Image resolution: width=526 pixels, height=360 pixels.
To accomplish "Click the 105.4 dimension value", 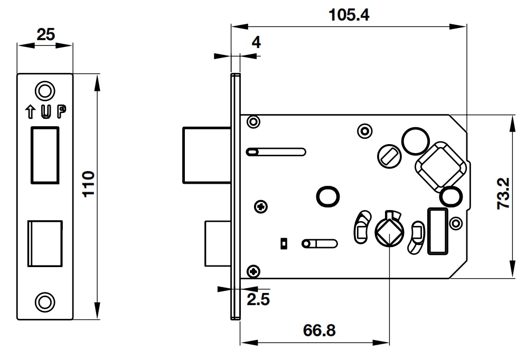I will tap(349, 14).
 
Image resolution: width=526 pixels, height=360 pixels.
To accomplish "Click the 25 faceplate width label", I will tap(45, 35).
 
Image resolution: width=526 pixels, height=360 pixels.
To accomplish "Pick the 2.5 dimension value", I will tap(259, 299).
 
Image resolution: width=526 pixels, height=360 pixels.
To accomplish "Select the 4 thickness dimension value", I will tap(256, 43).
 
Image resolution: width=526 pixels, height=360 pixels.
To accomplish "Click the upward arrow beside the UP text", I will tap(30, 111).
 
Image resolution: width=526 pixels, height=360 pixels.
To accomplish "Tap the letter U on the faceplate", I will tap(46, 111).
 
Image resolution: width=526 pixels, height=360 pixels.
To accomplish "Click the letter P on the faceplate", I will tap(62, 111).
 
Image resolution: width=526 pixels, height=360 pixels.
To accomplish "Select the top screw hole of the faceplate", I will tap(45, 90).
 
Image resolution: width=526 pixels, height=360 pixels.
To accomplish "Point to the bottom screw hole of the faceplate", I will tap(45, 301).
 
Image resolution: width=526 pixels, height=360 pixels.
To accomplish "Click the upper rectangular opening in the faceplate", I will tap(45, 155).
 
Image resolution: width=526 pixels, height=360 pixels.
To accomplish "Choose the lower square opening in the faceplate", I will tap(45, 243).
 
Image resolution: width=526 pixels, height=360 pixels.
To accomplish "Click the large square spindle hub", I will tap(440, 166).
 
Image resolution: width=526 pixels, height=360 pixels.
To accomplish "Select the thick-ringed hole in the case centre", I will tap(327, 195).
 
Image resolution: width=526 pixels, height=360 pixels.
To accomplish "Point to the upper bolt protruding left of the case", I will tap(206, 155).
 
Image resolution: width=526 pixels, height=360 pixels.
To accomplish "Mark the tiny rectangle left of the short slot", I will tap(284, 243).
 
